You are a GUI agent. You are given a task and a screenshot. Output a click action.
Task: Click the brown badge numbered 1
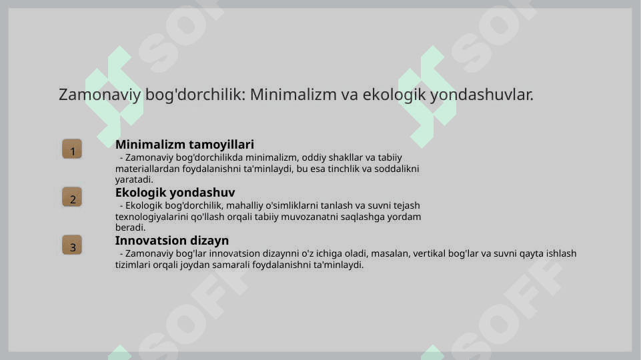(72, 149)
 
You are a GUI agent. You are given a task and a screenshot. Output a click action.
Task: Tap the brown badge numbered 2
(72, 197)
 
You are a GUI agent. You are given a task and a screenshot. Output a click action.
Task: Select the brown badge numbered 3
(72, 245)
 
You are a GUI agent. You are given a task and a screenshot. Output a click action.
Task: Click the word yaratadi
(134, 180)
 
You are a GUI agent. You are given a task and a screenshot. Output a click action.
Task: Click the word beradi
(131, 227)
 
